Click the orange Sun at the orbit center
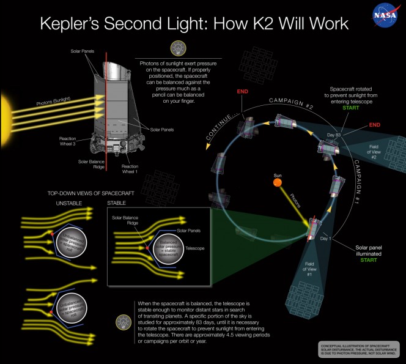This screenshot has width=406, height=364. click(x=278, y=181)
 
